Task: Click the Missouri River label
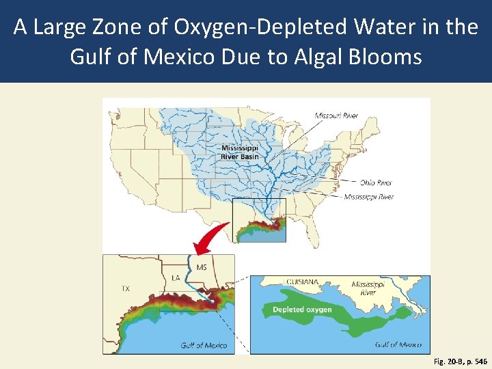(x=336, y=115)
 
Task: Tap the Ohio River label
(x=376, y=182)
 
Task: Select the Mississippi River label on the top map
(x=368, y=197)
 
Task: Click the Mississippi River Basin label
(x=239, y=152)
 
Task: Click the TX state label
(x=125, y=288)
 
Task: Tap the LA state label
(x=176, y=278)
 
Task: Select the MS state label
(x=202, y=267)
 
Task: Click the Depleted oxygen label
(x=302, y=310)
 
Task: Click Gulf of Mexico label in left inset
(x=204, y=345)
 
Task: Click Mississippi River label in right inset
(x=368, y=288)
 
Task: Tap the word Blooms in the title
(x=387, y=56)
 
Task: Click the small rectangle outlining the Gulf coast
(x=259, y=220)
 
